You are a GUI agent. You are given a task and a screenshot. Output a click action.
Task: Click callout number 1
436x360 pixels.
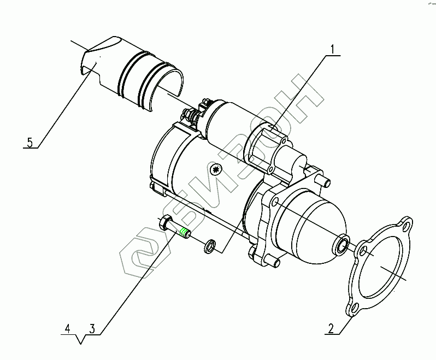[x=332, y=50]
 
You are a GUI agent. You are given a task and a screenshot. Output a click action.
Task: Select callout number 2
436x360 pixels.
[x=331, y=328]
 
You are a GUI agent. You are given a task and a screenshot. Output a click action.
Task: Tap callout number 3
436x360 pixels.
[x=92, y=328]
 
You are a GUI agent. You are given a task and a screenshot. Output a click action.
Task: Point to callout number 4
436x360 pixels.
[x=68, y=328]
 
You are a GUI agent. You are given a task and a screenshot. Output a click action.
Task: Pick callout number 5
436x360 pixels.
[x=30, y=143]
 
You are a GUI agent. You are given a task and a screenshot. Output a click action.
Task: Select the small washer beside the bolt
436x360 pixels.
[x=210, y=246]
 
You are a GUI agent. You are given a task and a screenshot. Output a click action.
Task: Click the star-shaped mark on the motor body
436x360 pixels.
[x=215, y=169]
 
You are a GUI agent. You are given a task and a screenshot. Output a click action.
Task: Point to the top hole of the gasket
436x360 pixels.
[x=406, y=225]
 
